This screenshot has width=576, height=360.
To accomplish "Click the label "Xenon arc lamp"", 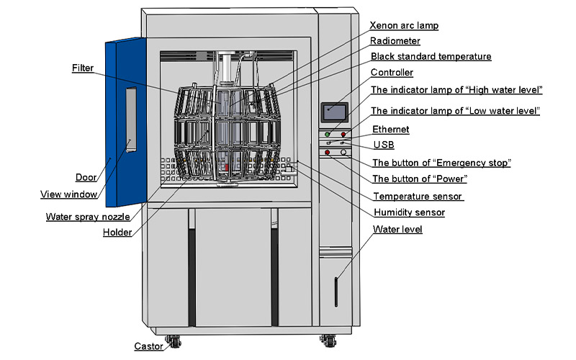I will [404, 26].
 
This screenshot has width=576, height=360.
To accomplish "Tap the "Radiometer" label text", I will [397, 41].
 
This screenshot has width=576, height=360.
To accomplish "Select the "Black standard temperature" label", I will [431, 56].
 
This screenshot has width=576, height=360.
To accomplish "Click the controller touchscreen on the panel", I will [335, 112].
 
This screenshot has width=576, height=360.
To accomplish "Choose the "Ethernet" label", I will [391, 130].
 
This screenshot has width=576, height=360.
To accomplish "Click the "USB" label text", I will [384, 145].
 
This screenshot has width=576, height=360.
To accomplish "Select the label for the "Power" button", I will [420, 179].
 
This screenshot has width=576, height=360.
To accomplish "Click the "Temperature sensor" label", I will [418, 196].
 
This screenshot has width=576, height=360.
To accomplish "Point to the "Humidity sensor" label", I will [409, 212].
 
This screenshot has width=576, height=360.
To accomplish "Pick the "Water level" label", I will [397, 230].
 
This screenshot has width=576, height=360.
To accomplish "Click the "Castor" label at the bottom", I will [148, 346].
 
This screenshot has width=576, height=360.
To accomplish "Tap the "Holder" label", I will [117, 232].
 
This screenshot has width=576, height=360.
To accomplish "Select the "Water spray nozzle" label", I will [88, 216].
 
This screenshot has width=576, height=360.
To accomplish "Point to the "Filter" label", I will [82, 68].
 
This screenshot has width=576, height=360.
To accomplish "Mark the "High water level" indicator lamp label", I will [456, 89].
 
